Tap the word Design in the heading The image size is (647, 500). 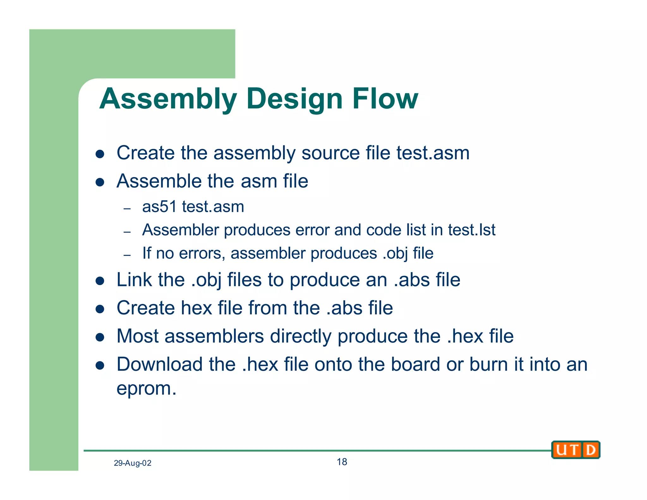click(x=294, y=99)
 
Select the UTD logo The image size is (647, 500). click(x=576, y=449)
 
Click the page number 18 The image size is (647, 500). click(x=342, y=462)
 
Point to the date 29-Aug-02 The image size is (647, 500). click(x=132, y=463)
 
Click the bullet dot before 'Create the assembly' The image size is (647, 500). click(x=100, y=154)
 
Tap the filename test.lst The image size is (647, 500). click(x=471, y=230)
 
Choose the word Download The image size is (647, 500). click(x=160, y=364)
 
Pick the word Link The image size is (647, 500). click(x=135, y=280)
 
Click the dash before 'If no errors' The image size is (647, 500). click(x=127, y=255)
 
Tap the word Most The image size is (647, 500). click(x=137, y=336)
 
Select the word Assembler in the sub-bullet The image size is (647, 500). click(x=180, y=230)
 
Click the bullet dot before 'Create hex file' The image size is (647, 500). click(x=100, y=309)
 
